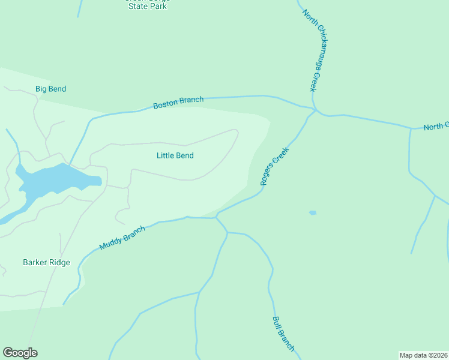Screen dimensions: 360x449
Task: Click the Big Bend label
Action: pyautogui.click(x=50, y=89)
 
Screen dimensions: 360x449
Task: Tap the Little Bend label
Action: pyautogui.click(x=175, y=155)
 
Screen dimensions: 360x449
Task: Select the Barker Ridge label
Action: pyautogui.click(x=46, y=262)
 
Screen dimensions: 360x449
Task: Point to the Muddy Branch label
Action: pyautogui.click(x=122, y=238)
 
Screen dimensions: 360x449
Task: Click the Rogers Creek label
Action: pyautogui.click(x=275, y=166)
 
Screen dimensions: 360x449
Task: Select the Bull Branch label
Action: pyautogui.click(x=283, y=334)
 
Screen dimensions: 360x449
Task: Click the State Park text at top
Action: pyautogui.click(x=147, y=7)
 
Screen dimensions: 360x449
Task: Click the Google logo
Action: pyautogui.click(x=20, y=353)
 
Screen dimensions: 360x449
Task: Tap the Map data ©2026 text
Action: pyautogui.click(x=423, y=355)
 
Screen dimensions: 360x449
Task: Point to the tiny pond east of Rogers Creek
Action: pyautogui.click(x=313, y=212)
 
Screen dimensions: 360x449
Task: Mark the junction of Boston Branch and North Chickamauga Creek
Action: pyautogui.click(x=315, y=110)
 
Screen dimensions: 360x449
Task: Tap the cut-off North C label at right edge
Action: pyautogui.click(x=436, y=127)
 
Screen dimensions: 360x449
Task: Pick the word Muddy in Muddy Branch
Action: pyautogui.click(x=112, y=242)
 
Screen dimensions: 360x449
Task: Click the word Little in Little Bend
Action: pyautogui.click(x=166, y=155)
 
